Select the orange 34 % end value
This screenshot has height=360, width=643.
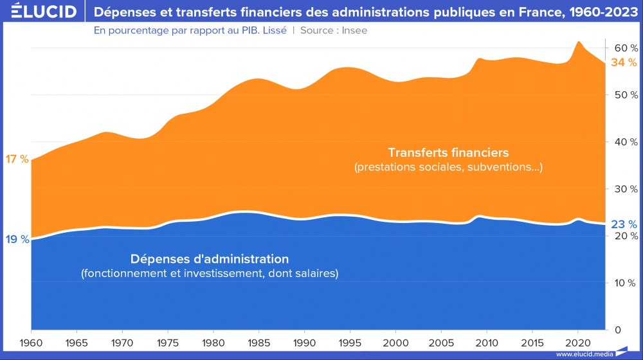[x=624, y=62]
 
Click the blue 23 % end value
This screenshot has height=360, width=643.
[x=624, y=224]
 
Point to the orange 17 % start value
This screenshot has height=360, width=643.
[x=16, y=159]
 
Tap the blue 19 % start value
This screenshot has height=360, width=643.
[x=16, y=239]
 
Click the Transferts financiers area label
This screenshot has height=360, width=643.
[x=448, y=153]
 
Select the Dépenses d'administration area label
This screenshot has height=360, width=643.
[x=210, y=259]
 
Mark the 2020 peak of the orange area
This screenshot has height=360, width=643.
[x=579, y=42]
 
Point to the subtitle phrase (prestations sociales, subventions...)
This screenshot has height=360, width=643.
[x=448, y=168]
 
